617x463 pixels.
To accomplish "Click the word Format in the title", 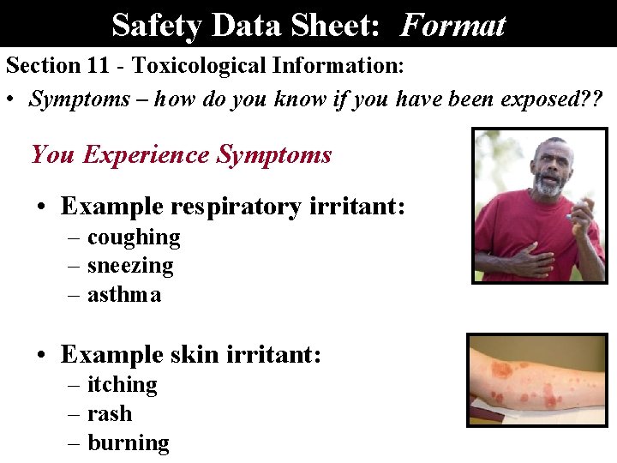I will coord(452,25).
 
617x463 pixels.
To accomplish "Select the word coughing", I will coord(134,237).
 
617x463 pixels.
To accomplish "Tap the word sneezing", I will coord(130,266).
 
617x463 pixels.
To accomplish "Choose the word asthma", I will coord(124,295).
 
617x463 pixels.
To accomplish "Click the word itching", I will coord(123,385).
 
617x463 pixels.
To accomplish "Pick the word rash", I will coord(110,414).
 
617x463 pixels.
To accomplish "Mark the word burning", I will coord(129,443).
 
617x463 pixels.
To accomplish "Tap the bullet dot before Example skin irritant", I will coord(41,355).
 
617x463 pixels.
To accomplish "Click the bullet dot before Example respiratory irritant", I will coord(41,207).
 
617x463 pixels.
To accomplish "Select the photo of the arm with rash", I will coord(536,379).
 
